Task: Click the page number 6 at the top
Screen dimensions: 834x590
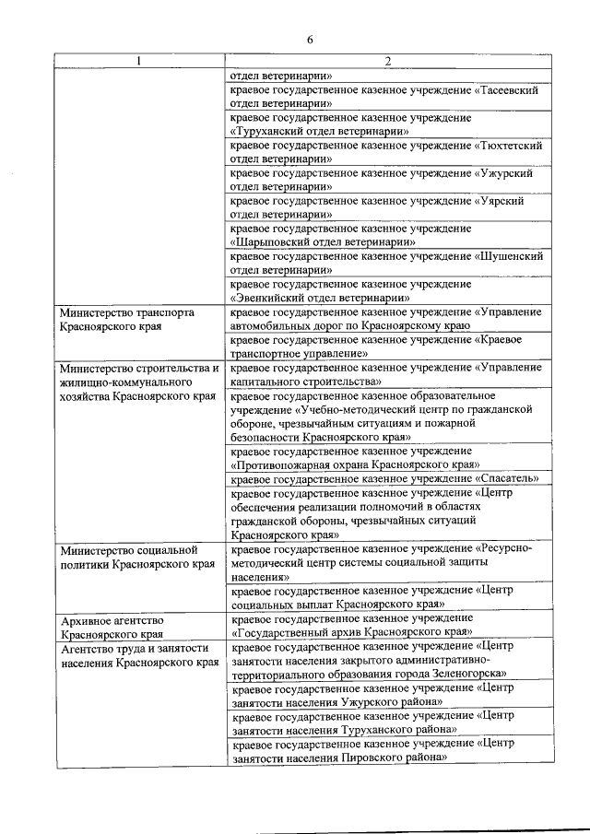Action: click(310, 40)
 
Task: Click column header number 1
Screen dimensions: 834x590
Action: click(139, 62)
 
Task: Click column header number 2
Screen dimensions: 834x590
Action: click(388, 62)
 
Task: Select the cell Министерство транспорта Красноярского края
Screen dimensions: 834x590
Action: click(126, 320)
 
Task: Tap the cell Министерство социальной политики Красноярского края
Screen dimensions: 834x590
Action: click(129, 558)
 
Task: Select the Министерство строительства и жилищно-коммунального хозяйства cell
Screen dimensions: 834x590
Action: click(138, 382)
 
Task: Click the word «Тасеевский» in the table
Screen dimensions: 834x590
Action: click(509, 90)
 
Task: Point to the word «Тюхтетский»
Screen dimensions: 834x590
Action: click(510, 146)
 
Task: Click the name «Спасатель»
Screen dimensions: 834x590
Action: click(508, 479)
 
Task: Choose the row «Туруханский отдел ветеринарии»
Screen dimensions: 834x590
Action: click(319, 132)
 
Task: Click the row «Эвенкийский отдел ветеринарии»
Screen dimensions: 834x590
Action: click(319, 298)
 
